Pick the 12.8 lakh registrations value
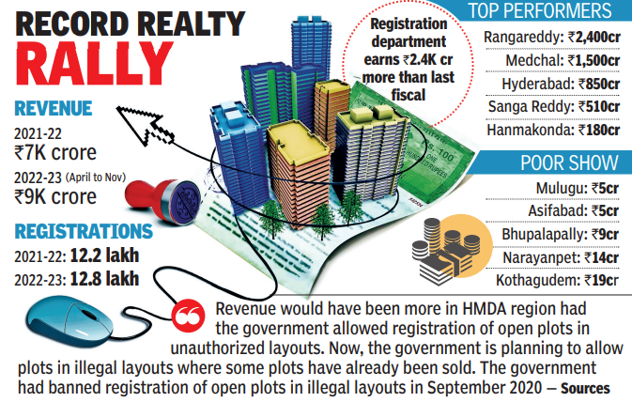[106, 278]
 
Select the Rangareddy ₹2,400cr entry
[551, 38]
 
